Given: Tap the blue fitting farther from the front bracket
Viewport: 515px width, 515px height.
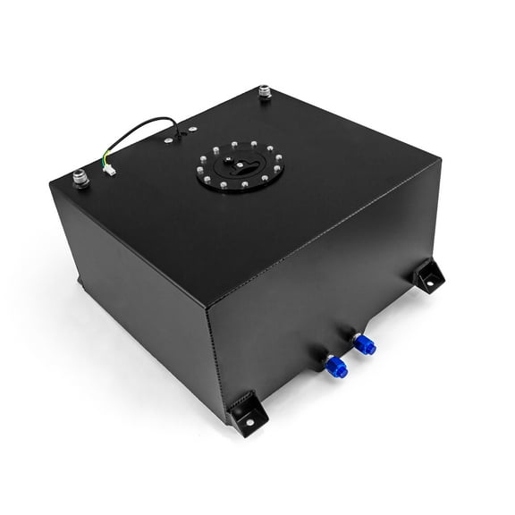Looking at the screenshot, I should [x=364, y=341].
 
